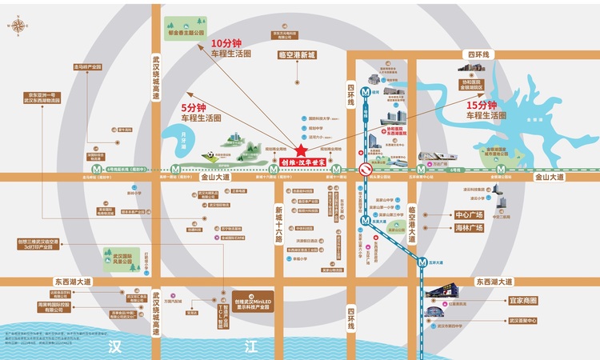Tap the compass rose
18,26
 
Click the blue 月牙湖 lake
188,142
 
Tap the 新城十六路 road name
278,217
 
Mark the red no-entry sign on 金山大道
364,169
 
